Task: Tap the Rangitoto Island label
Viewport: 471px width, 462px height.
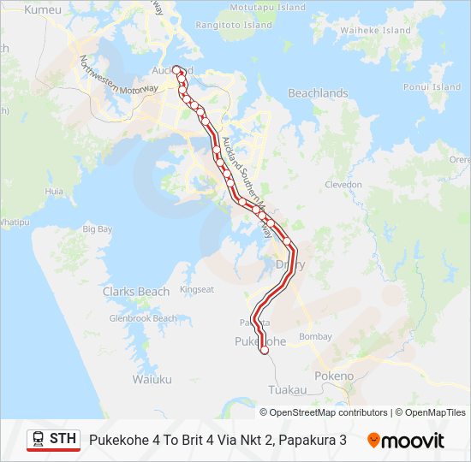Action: pyautogui.click(x=233, y=26)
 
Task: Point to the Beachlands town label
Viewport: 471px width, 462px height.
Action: pyautogui.click(x=318, y=93)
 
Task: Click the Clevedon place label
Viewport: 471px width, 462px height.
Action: pyautogui.click(x=343, y=184)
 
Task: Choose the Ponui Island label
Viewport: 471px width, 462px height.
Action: pyautogui.click(x=432, y=87)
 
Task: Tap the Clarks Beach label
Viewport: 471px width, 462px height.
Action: pyautogui.click(x=136, y=292)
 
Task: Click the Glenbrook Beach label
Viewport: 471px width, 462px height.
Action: pyautogui.click(x=142, y=318)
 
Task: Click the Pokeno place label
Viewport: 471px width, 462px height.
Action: pyautogui.click(x=334, y=376)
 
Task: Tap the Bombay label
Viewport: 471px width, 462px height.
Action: pyautogui.click(x=316, y=337)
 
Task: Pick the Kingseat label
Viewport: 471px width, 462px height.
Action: pyautogui.click(x=196, y=289)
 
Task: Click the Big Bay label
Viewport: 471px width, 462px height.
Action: pyautogui.click(x=97, y=229)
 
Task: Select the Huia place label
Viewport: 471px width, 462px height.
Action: pyautogui.click(x=54, y=192)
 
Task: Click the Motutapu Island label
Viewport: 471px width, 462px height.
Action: pyautogui.click(x=268, y=7)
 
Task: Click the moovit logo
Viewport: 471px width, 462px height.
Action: pyautogui.click(x=406, y=441)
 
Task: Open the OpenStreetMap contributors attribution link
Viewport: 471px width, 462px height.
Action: pyautogui.click(x=329, y=412)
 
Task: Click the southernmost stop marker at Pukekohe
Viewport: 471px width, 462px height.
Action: pyautogui.click(x=265, y=350)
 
